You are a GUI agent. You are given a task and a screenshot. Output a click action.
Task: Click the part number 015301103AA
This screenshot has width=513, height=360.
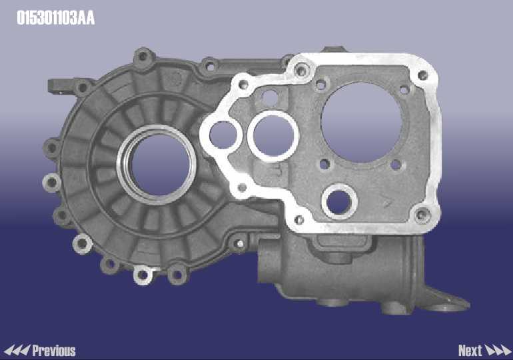(x=55, y=18)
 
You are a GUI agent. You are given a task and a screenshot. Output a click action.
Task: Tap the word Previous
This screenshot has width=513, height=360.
(x=54, y=351)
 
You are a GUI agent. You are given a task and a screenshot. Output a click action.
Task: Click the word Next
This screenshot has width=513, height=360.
(x=470, y=351)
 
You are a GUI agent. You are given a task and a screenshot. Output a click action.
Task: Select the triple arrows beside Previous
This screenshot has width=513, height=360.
(x=17, y=351)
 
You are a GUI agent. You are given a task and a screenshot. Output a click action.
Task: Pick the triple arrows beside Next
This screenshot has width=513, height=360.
(x=498, y=351)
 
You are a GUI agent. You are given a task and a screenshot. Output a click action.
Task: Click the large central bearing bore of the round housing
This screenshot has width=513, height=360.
(x=160, y=165)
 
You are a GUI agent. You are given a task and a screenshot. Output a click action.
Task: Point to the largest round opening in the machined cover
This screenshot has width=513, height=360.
(x=362, y=122)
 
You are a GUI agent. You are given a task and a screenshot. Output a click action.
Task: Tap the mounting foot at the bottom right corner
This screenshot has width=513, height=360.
(x=448, y=301)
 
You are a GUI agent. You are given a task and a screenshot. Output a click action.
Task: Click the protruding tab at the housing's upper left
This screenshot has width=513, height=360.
(x=60, y=86)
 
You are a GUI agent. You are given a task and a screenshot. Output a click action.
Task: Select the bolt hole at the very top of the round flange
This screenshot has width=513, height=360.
(x=143, y=56)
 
